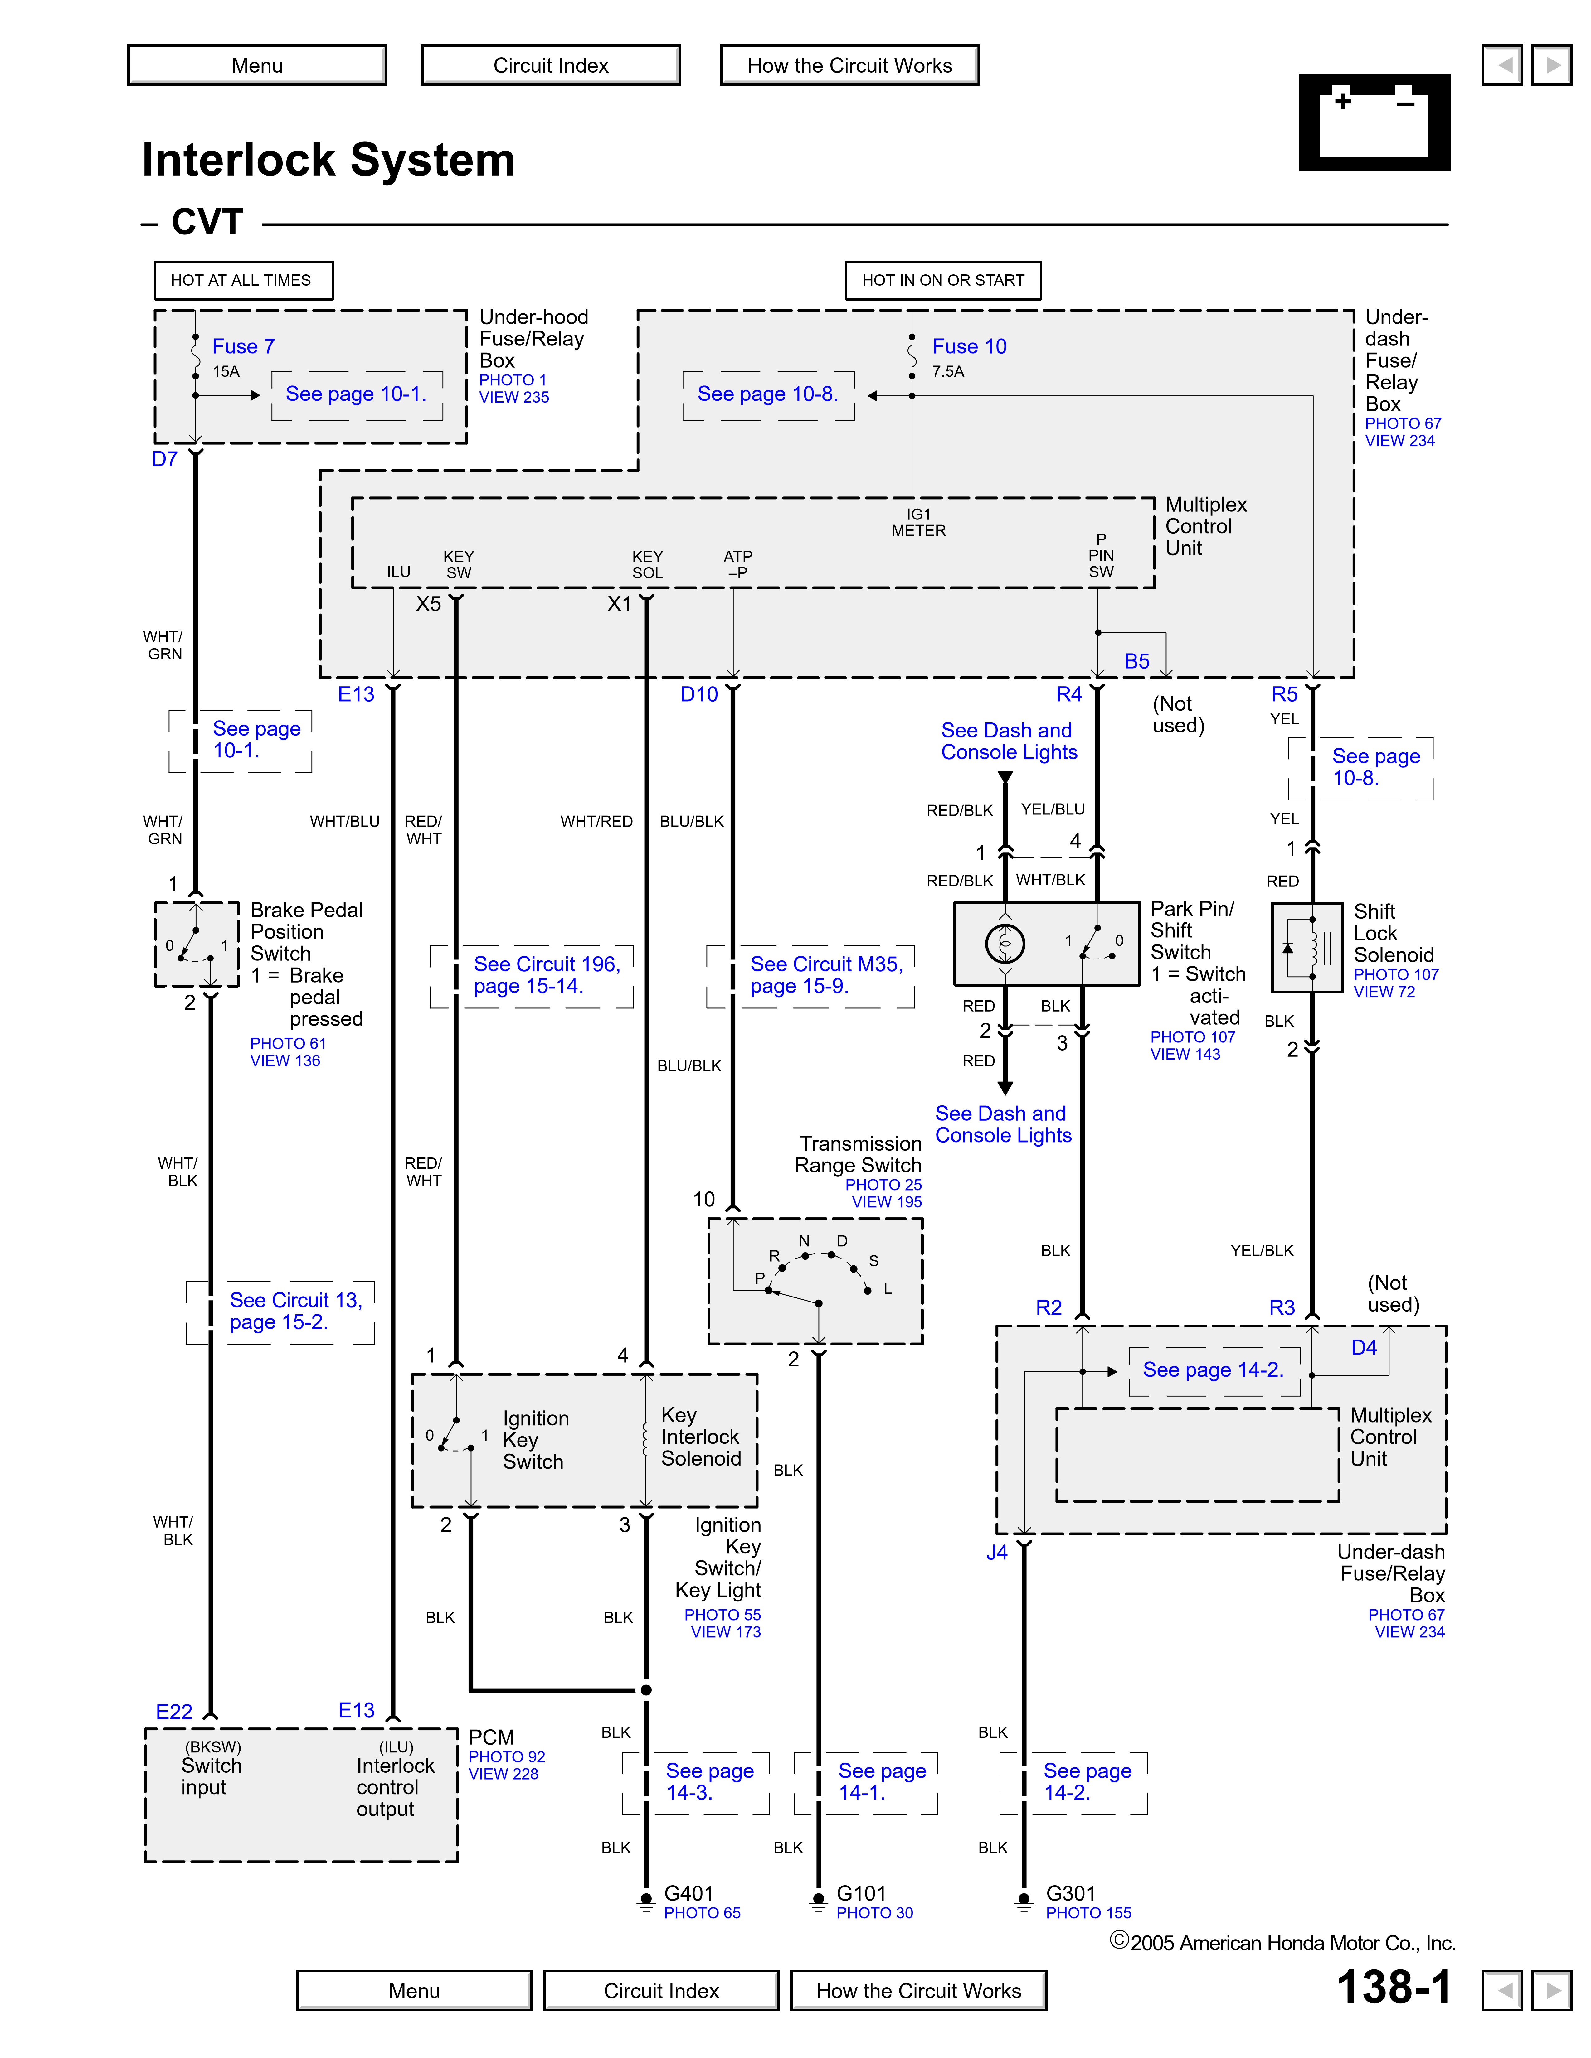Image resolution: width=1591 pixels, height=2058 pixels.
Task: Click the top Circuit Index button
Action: point(550,65)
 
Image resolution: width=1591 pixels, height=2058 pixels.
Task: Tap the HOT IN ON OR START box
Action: point(942,280)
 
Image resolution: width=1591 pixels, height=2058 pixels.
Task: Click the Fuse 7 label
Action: point(243,347)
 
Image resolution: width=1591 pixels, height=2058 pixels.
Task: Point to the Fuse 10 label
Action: point(969,347)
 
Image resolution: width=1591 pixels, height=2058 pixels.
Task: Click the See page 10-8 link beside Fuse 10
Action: point(767,394)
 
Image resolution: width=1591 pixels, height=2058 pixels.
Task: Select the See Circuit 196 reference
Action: point(547,975)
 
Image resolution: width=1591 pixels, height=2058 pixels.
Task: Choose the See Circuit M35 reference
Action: point(826,975)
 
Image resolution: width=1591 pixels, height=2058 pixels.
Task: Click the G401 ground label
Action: point(689,1894)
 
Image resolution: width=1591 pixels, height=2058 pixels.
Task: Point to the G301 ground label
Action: point(1071,1894)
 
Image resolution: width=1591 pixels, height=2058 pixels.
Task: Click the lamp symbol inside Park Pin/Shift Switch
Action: point(1005,943)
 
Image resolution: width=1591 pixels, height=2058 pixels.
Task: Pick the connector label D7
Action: point(165,460)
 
